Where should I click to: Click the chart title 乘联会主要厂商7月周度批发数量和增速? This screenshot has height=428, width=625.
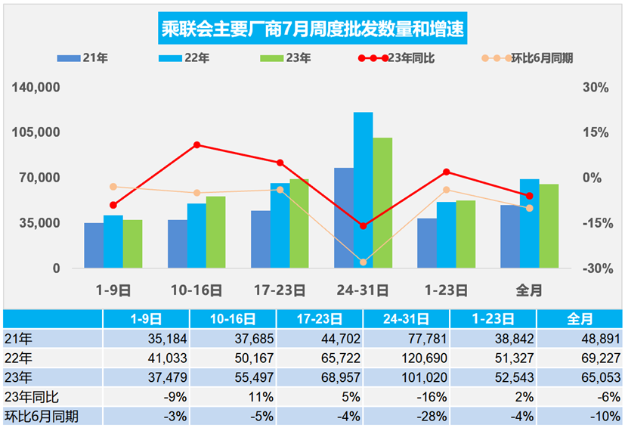pos(312,29)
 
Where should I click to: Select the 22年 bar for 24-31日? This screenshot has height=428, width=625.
pos(364,190)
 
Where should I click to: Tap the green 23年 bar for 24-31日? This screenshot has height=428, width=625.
pos(382,203)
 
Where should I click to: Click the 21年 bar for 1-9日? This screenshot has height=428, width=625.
pos(94,245)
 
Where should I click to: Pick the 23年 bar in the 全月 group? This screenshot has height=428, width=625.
pos(549,226)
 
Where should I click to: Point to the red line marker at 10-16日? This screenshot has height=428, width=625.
pos(196,144)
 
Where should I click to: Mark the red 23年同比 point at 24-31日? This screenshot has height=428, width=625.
pos(364,226)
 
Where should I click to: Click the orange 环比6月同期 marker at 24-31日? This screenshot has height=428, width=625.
pos(364,262)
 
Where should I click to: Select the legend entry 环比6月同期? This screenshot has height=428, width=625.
pos(526,58)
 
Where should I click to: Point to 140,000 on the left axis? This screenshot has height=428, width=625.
pos(36,88)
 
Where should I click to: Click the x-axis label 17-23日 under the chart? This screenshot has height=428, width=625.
pos(280,290)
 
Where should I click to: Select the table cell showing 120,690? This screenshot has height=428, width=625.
pos(406,358)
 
